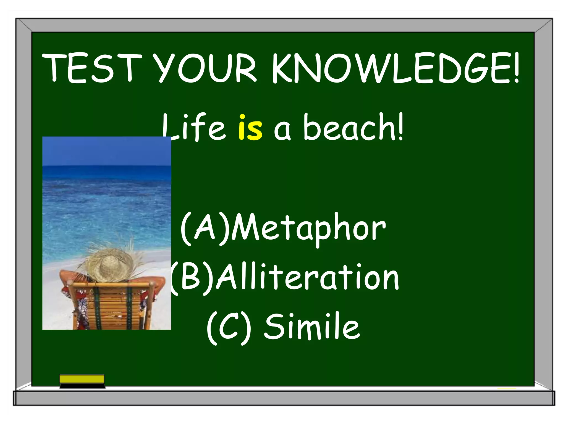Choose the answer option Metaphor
tap(308, 229)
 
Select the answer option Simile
tap(312, 327)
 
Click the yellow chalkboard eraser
tap(82, 379)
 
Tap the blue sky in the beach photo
tap(107, 150)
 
